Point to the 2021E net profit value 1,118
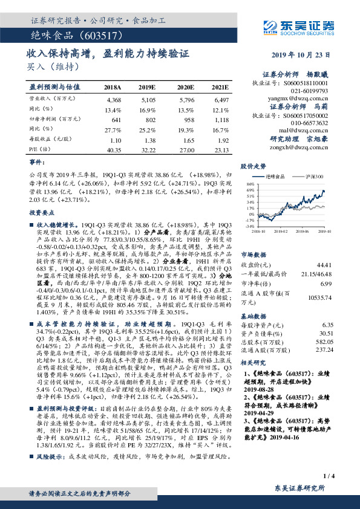(222, 120)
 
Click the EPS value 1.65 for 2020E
(185, 139)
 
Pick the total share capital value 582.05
(324, 341)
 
